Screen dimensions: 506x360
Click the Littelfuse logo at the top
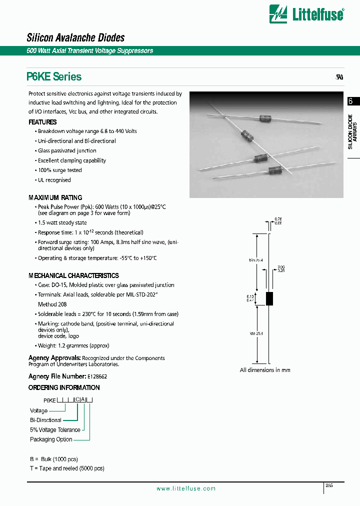click(x=306, y=14)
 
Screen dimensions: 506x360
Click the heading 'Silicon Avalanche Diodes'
click(x=75, y=37)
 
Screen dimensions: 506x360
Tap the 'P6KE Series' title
click(x=54, y=76)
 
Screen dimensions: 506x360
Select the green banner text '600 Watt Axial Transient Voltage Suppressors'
click(x=90, y=51)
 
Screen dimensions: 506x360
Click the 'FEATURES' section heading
click(x=42, y=122)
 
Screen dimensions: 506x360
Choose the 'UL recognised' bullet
click(x=54, y=180)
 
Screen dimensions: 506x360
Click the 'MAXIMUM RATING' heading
click(x=55, y=197)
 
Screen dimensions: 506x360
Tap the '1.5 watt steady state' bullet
click(x=62, y=222)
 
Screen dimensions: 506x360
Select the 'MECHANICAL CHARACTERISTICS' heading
click(x=73, y=275)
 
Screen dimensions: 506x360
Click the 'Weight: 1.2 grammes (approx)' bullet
click(x=73, y=345)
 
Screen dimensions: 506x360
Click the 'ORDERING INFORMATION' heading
click(x=64, y=387)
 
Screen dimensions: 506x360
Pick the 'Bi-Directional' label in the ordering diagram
click(x=45, y=420)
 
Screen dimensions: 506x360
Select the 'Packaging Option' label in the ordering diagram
click(x=51, y=439)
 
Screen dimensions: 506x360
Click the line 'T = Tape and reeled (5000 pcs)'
click(x=66, y=468)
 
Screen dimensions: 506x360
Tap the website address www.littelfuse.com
click(x=186, y=488)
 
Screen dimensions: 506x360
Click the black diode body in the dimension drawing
click(x=269, y=298)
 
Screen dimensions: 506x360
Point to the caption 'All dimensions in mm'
click(x=265, y=370)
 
